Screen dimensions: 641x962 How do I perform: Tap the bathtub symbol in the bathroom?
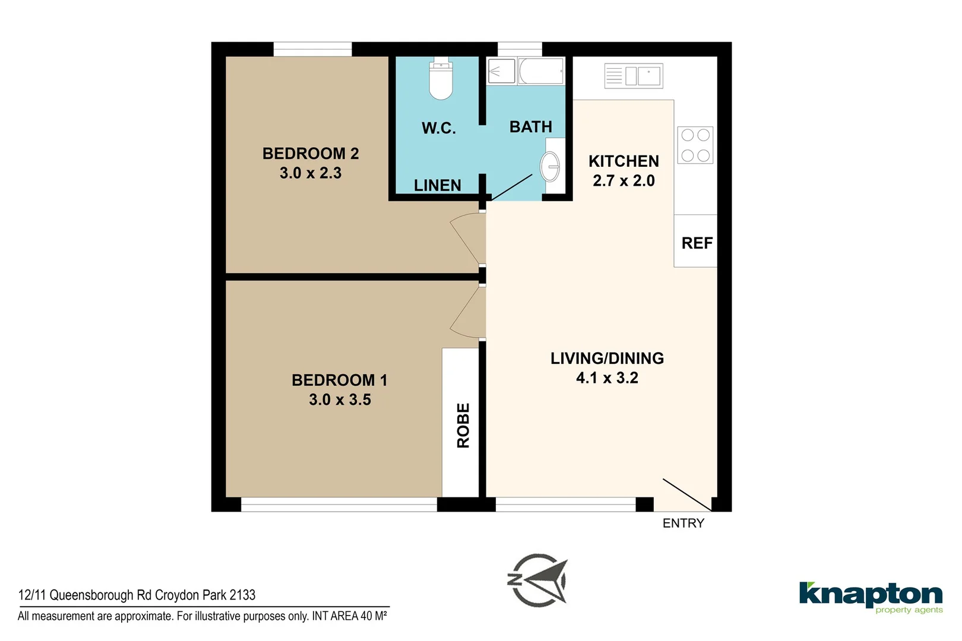[540, 72]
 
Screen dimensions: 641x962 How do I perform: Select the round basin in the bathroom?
[550, 166]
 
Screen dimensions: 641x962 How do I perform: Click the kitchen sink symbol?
[634, 76]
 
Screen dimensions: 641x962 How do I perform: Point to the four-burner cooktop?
[695, 145]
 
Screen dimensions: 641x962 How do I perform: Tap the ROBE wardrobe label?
[463, 425]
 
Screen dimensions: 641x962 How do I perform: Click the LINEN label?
[438, 186]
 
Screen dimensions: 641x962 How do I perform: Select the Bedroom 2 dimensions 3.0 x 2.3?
[311, 173]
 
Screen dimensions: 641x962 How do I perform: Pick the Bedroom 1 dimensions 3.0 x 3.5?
[340, 400]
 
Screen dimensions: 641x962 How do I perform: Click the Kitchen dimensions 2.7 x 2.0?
[624, 181]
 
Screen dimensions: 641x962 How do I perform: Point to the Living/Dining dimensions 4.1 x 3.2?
[607, 378]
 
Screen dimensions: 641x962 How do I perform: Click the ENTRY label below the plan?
[683, 523]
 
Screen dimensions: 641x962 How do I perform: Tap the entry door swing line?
[687, 495]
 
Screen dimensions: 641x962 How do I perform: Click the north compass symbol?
[539, 580]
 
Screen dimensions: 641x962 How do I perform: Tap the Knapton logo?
[871, 596]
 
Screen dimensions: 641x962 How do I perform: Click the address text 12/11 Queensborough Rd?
[137, 595]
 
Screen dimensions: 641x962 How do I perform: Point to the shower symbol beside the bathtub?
[501, 72]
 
